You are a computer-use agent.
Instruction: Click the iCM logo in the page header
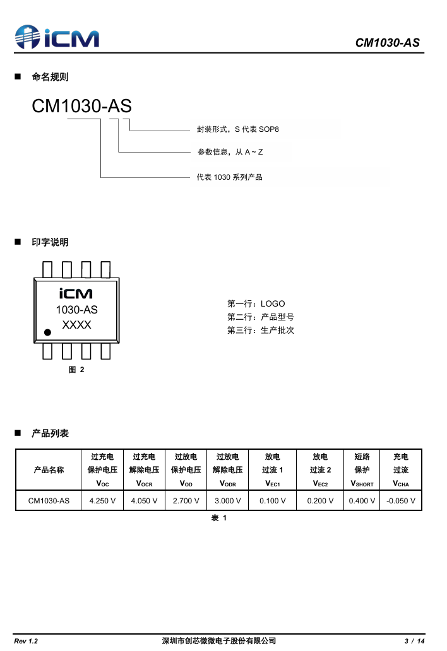[57, 37]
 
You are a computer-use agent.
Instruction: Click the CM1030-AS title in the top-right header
[387, 43]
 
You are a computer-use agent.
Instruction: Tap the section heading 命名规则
[50, 77]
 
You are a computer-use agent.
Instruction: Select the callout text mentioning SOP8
[237, 129]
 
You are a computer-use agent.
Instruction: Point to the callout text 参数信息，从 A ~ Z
[230, 152]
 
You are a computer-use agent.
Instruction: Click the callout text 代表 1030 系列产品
[229, 177]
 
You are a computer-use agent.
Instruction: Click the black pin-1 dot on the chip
[47, 332]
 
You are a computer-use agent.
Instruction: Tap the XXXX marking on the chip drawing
[76, 325]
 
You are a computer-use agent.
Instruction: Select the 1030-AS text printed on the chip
[76, 310]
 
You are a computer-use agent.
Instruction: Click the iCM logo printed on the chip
[76, 293]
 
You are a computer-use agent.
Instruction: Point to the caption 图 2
[76, 370]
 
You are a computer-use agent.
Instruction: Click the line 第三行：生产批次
[260, 330]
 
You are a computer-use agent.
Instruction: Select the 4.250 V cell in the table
[102, 501]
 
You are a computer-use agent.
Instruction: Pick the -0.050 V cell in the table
[401, 501]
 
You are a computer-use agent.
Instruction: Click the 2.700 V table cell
[186, 501]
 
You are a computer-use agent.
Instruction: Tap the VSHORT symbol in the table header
[362, 484]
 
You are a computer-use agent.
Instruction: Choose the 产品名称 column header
[49, 470]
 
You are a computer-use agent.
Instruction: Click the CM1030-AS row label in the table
[49, 501]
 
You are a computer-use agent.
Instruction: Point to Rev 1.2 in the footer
[26, 641]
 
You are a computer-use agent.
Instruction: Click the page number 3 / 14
[414, 641]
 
